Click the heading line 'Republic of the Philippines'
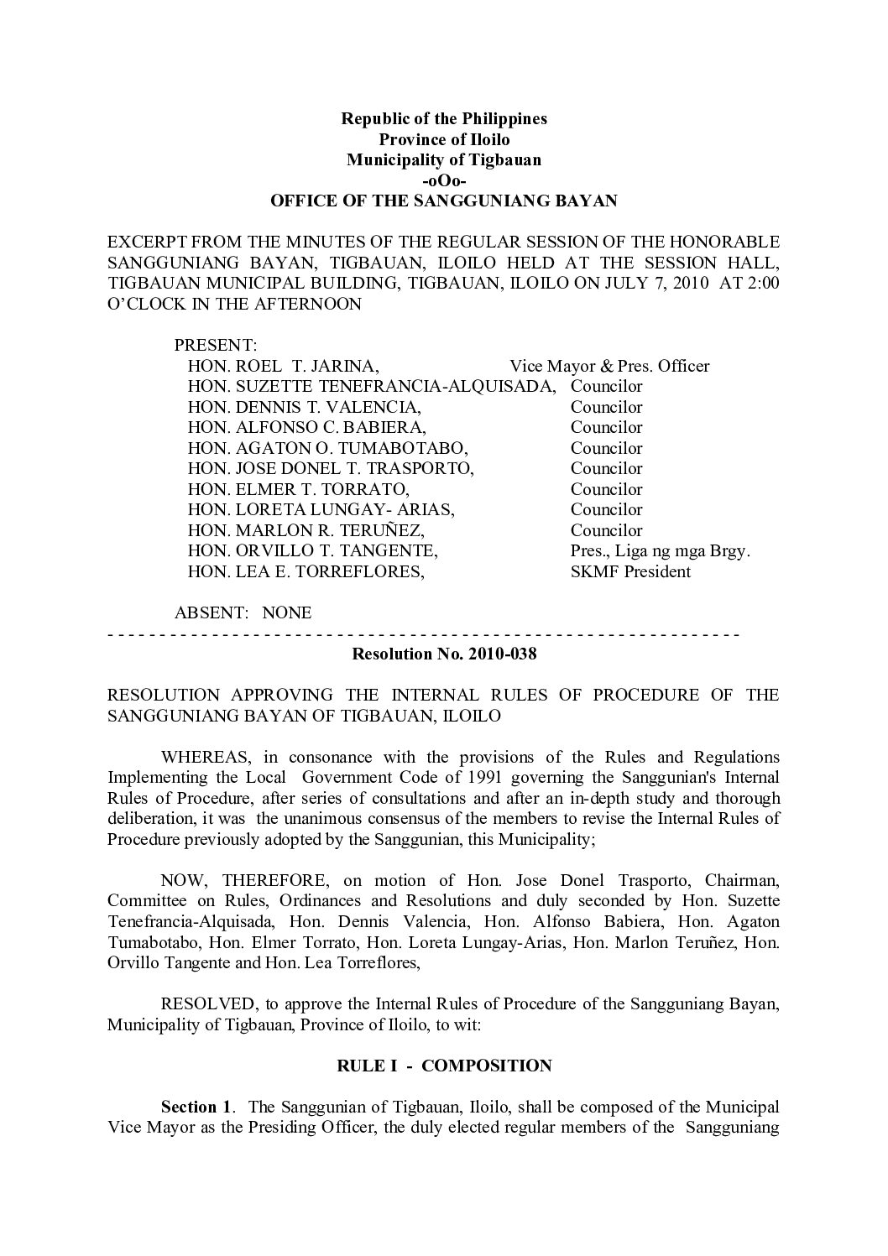click(x=443, y=118)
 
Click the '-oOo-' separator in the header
click(x=443, y=180)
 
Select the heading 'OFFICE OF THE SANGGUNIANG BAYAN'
click(x=443, y=201)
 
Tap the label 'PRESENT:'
click(x=215, y=345)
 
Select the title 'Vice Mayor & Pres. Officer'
click(x=609, y=366)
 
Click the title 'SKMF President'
click(x=630, y=571)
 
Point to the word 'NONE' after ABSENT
click(x=287, y=612)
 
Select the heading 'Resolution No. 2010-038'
click(x=443, y=654)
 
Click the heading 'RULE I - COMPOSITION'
click(x=443, y=1066)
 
